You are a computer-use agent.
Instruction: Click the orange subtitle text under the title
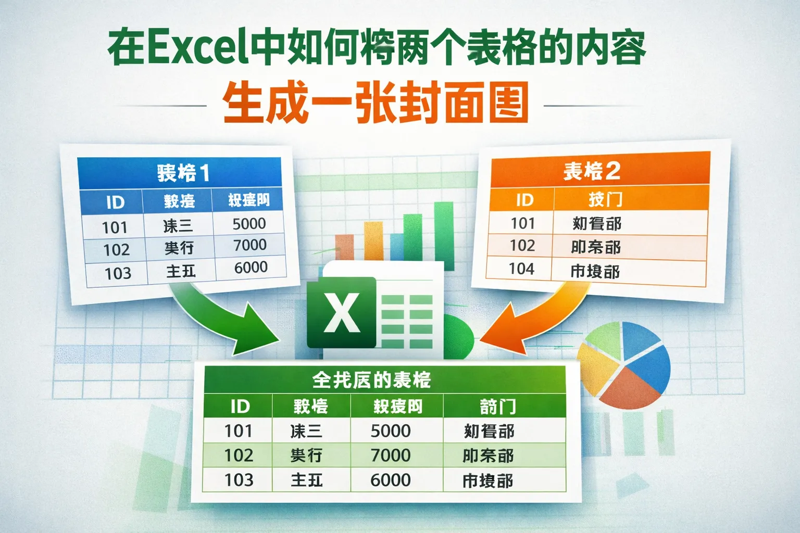[x=376, y=103]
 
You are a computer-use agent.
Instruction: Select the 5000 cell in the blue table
[x=249, y=224]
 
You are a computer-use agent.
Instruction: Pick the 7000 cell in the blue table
[x=250, y=245]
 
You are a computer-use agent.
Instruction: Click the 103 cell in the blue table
[x=118, y=273]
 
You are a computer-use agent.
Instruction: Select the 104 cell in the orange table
[x=521, y=269]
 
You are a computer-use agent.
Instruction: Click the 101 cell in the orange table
[x=523, y=223]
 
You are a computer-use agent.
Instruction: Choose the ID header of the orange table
[x=524, y=200]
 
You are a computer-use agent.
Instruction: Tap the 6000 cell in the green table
[x=391, y=480]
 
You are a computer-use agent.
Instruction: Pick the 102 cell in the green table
[x=239, y=455]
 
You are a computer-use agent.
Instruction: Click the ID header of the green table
[x=240, y=407]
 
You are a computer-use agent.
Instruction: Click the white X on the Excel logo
[x=342, y=313]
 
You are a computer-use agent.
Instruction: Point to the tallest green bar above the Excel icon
[x=444, y=229]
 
